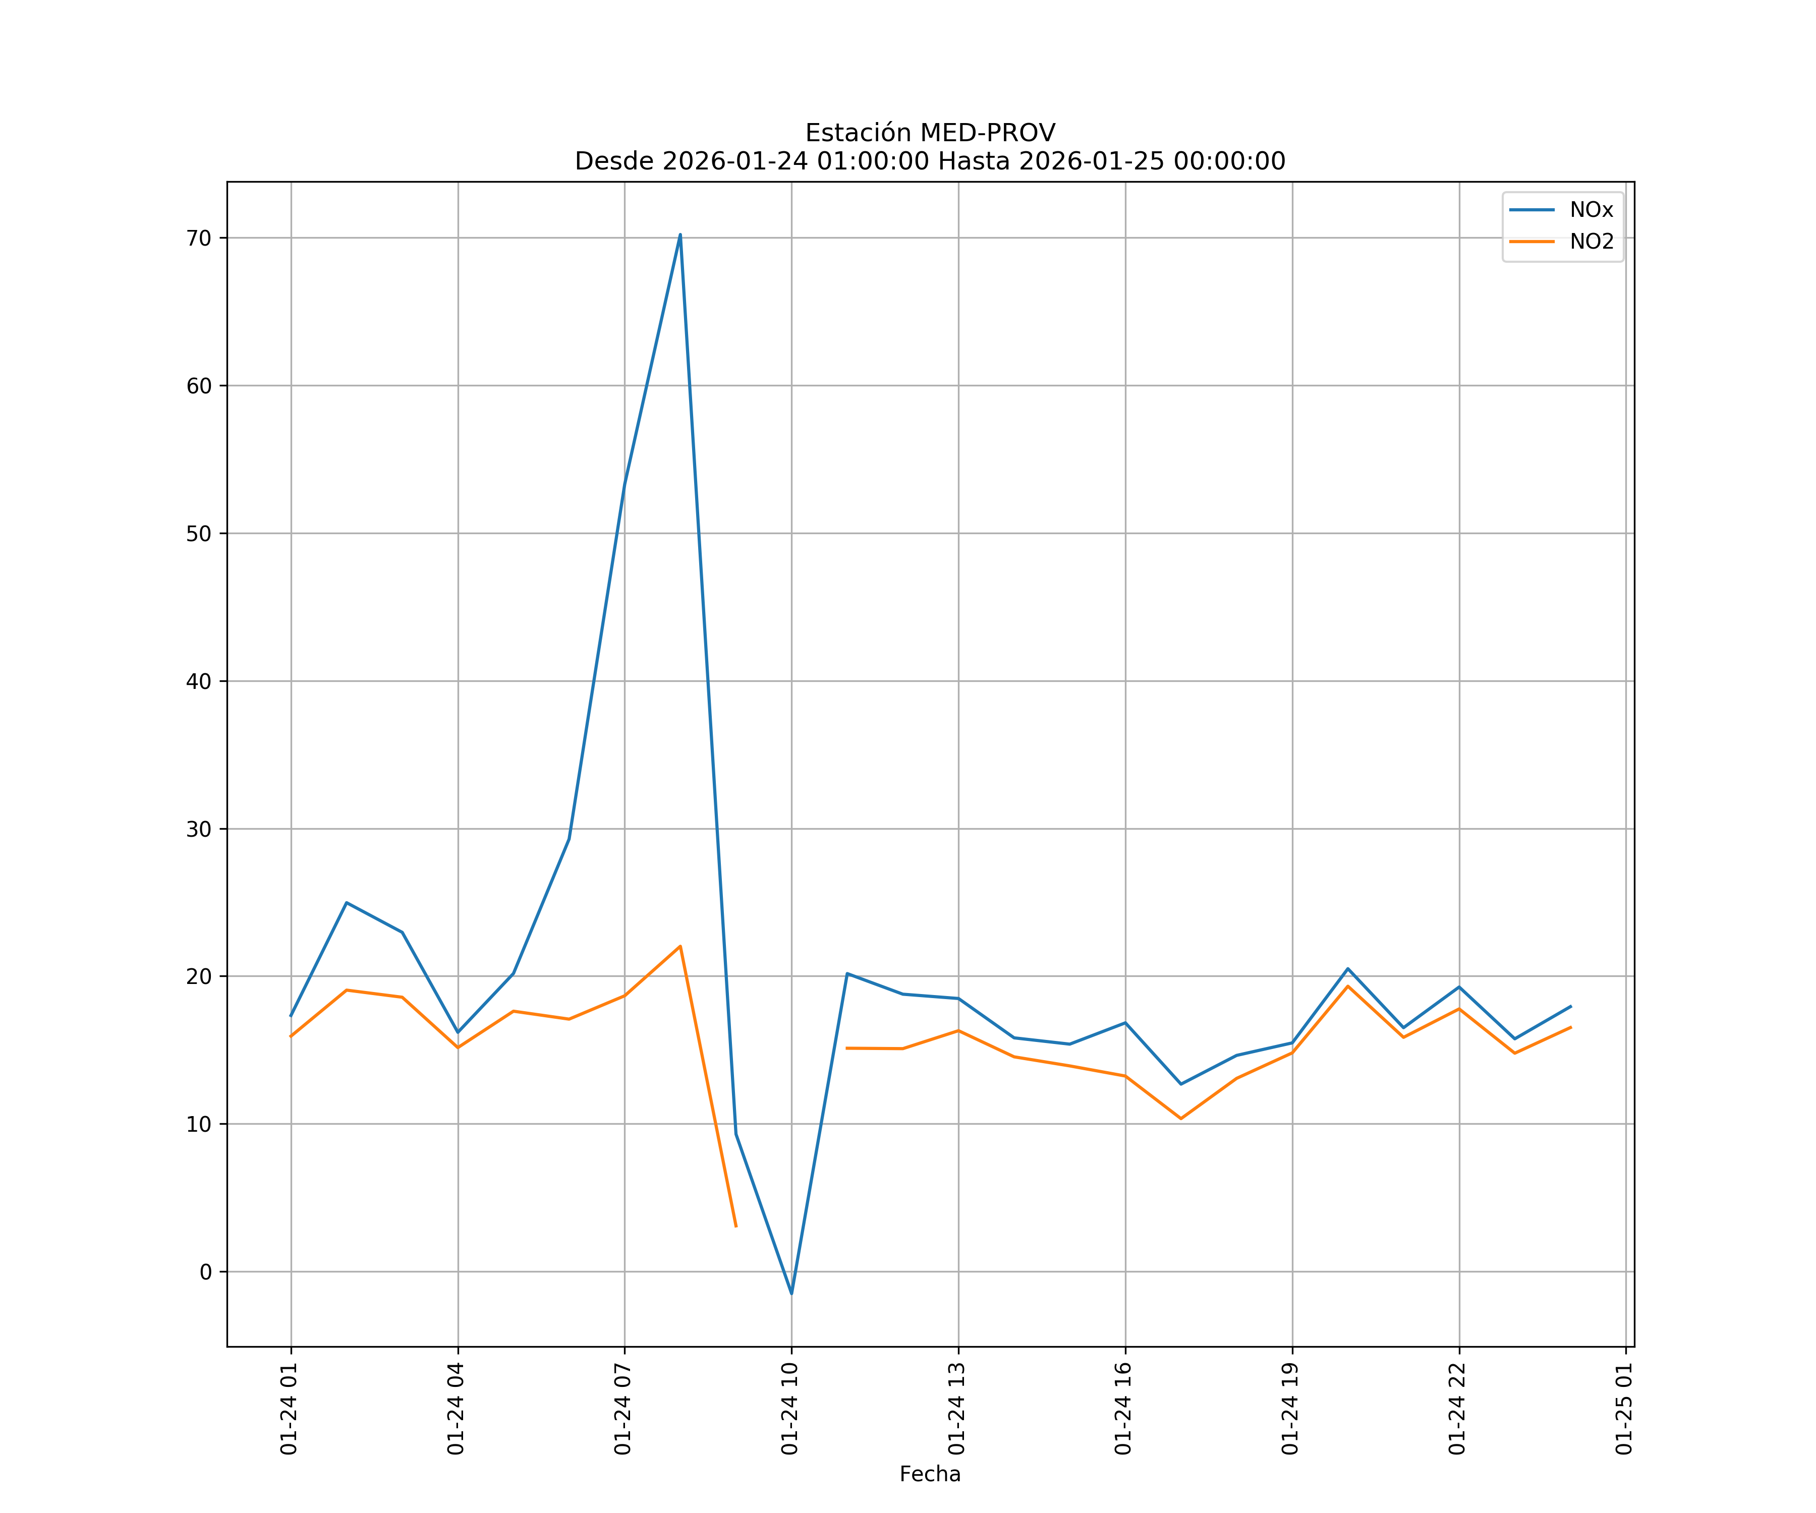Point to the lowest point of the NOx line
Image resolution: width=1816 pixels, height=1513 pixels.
[791, 1294]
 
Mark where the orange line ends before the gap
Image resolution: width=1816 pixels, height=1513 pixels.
[736, 1226]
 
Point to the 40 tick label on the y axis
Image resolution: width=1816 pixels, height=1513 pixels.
[199, 681]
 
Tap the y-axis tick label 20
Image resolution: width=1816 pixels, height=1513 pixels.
[199, 977]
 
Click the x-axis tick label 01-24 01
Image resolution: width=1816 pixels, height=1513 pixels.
[289, 1409]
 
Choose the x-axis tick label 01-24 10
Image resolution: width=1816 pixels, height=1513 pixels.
[789, 1409]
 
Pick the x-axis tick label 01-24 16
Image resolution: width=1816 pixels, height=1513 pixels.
[1123, 1409]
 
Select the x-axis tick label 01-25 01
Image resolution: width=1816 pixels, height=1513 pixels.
[1624, 1409]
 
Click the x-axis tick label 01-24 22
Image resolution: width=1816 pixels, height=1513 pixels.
[1457, 1409]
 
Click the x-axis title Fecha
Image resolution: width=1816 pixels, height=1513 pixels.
[930, 1474]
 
